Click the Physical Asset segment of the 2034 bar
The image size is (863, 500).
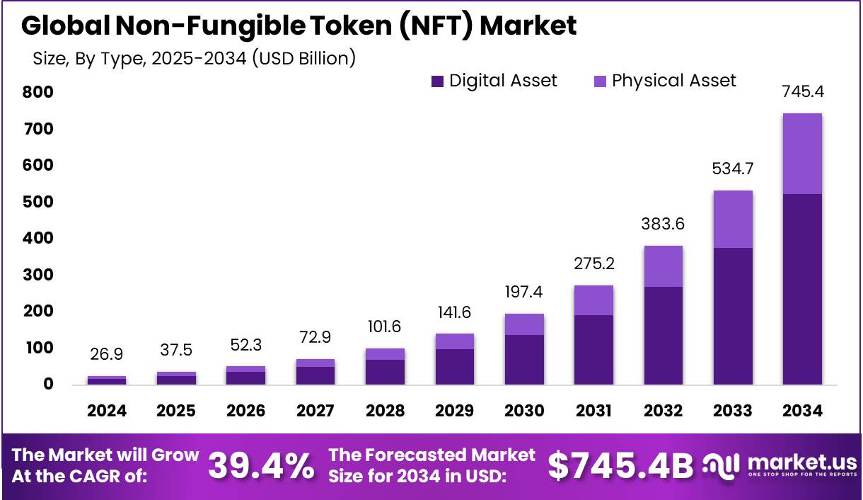click(x=802, y=154)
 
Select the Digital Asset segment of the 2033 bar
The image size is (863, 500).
click(x=732, y=316)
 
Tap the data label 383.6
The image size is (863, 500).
click(x=663, y=224)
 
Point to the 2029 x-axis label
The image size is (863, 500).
click(x=455, y=411)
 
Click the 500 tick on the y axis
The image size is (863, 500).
click(x=38, y=203)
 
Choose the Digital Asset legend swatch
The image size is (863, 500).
click(x=437, y=81)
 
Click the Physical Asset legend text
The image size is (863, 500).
click(x=673, y=81)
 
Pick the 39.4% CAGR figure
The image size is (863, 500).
click(x=262, y=466)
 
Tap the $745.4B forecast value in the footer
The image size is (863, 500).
click(x=621, y=466)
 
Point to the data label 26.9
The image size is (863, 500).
click(x=107, y=353)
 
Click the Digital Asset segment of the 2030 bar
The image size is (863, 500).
click(x=524, y=360)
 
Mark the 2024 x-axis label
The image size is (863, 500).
click(x=107, y=411)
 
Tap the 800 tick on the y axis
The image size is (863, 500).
click(x=38, y=92)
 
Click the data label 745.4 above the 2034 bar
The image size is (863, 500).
click(x=802, y=92)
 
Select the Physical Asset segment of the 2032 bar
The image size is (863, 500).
click(x=663, y=266)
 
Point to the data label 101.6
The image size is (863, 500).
click(x=385, y=327)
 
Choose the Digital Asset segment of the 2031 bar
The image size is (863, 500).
click(x=593, y=350)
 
